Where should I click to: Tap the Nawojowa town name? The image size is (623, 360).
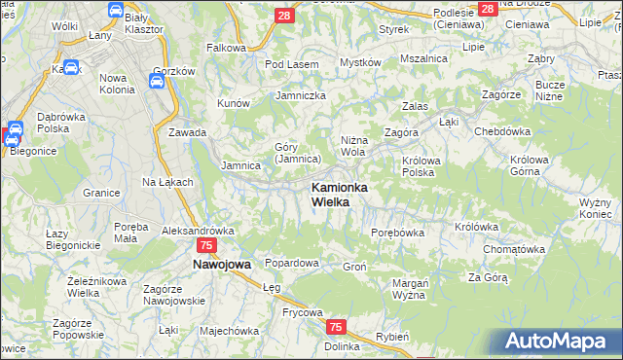pos(221,264)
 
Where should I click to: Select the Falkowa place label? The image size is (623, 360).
pos(225,47)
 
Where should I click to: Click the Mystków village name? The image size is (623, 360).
pos(359,62)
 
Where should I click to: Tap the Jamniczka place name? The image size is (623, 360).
pos(301,95)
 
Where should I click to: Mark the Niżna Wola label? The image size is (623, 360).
pos(352,146)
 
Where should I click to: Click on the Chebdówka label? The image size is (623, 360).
pos(501,131)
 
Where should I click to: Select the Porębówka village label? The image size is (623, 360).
pos(398,233)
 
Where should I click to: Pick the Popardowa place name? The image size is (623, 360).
pos(292,264)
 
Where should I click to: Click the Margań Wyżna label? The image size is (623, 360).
pos(412,289)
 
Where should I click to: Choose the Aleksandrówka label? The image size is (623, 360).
pos(199,231)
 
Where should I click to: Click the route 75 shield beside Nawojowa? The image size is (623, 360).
pos(205,246)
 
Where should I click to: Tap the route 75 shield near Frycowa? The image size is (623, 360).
pos(336,327)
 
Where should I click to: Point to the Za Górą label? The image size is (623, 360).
pos(488,277)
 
